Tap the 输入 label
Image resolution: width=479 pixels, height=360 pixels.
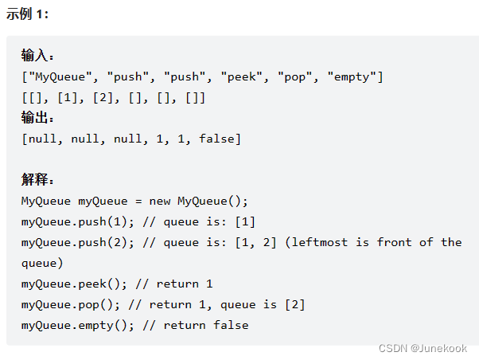(37, 56)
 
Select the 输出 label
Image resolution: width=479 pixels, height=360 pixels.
(37, 118)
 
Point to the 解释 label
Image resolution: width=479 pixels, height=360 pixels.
(37, 180)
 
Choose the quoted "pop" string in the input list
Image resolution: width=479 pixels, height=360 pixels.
(294, 76)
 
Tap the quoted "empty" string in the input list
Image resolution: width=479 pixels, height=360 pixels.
(351, 76)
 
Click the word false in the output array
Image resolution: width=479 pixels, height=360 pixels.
(216, 139)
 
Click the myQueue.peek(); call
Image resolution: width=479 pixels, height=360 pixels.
(76, 284)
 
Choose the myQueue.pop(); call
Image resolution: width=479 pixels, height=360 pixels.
(72, 304)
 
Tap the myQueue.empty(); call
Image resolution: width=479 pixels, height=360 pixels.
(80, 325)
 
